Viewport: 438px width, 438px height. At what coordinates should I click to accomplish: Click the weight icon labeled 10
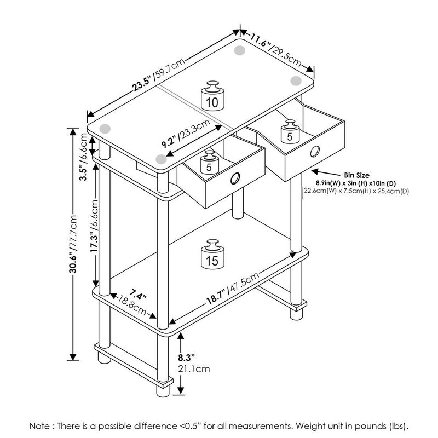pos(212,97)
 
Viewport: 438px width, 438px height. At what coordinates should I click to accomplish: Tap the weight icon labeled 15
pos(212,255)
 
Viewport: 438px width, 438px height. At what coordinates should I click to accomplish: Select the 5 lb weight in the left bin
pos(209,163)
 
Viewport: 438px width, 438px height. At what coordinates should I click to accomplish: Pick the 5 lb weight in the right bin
pos(290,132)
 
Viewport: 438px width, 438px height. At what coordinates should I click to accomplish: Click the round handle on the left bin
pos(235,178)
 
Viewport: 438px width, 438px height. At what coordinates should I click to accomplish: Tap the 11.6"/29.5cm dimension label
pos(277,49)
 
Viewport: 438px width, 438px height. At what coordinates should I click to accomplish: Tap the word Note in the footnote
pos(41,425)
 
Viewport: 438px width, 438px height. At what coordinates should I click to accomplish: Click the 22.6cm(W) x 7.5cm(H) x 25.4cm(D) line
pos(356,191)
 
